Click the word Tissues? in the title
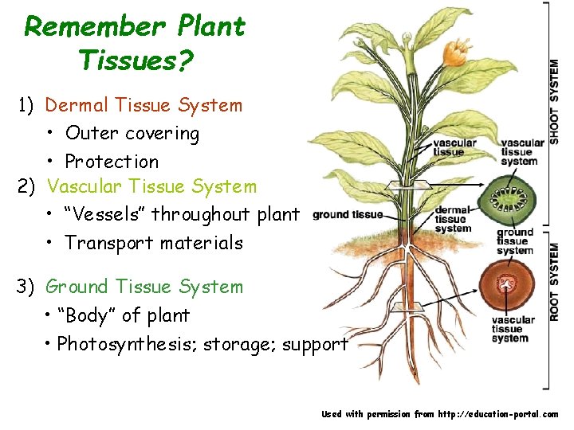(x=136, y=60)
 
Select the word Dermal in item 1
(x=77, y=104)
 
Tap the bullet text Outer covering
(x=132, y=133)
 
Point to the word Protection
(x=112, y=162)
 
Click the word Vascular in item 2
(x=81, y=186)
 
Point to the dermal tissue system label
(x=453, y=219)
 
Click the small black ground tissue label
(x=348, y=214)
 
